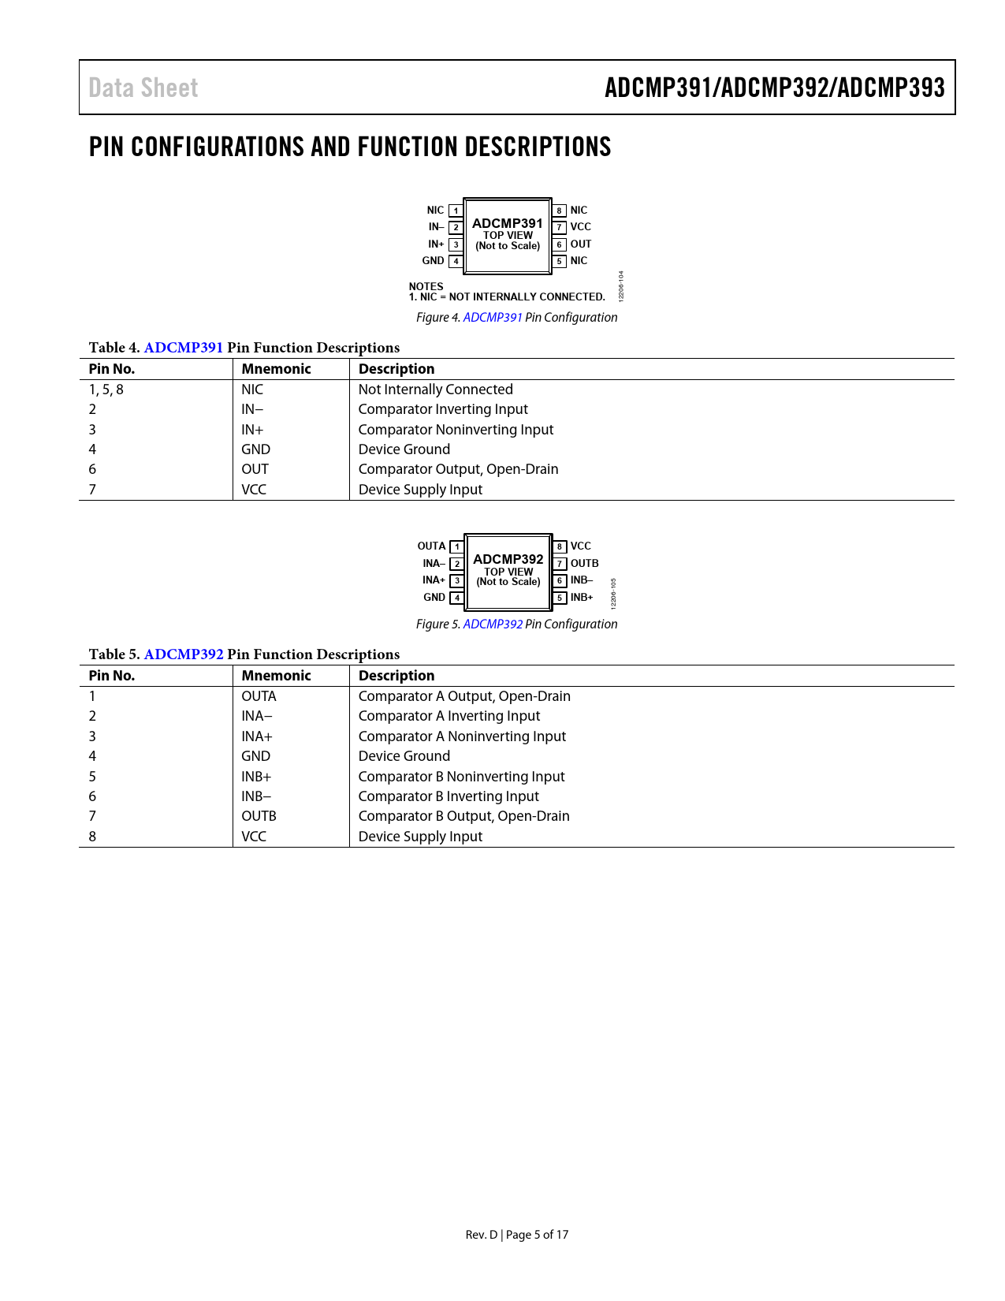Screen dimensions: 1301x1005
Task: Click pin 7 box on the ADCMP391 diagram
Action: pos(559,227)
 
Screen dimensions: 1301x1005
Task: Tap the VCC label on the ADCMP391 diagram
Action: pos(580,227)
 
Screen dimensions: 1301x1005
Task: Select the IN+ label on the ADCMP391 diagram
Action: pos(436,244)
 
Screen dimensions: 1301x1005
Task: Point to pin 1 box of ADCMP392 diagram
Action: pos(456,546)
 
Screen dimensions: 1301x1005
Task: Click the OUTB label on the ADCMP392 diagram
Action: pos(584,564)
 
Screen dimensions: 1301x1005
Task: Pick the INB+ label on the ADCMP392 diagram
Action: pos(582,598)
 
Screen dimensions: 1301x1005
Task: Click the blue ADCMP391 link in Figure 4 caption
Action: pos(493,317)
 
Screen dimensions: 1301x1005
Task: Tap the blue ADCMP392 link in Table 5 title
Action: pos(184,654)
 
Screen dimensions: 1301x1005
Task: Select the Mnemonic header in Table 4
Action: pos(276,369)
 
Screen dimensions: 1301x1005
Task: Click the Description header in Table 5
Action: pos(396,676)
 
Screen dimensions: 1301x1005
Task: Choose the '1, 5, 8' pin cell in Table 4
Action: pos(106,390)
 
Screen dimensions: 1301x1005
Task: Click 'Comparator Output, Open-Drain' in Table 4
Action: pos(458,469)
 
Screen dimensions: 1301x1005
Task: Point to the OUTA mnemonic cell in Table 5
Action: pos(259,696)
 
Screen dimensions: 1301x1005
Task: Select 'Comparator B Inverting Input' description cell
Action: pos(449,796)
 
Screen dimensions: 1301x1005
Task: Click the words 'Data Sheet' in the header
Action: pos(143,88)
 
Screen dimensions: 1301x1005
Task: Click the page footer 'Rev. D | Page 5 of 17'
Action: pos(516,1235)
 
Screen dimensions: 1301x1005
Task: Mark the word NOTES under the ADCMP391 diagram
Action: pos(426,286)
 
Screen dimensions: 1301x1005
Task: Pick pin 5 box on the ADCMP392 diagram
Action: pos(560,598)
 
